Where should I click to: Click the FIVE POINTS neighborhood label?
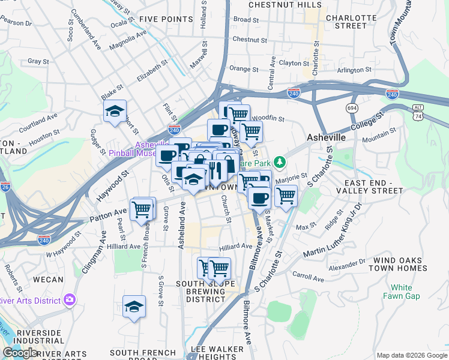165,19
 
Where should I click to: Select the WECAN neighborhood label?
48,280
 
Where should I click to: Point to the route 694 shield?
352,107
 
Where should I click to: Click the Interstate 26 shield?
4,187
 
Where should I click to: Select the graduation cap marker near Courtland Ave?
115,112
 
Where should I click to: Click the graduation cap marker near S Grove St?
134,307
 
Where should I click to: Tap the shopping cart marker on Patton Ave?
143,209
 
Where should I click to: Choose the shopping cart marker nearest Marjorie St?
286,196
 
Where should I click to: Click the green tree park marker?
279,161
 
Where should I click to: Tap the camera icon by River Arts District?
70,299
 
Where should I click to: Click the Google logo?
20,353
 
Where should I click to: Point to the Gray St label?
38,61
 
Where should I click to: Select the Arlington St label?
355,70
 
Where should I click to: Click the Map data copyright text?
411,355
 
